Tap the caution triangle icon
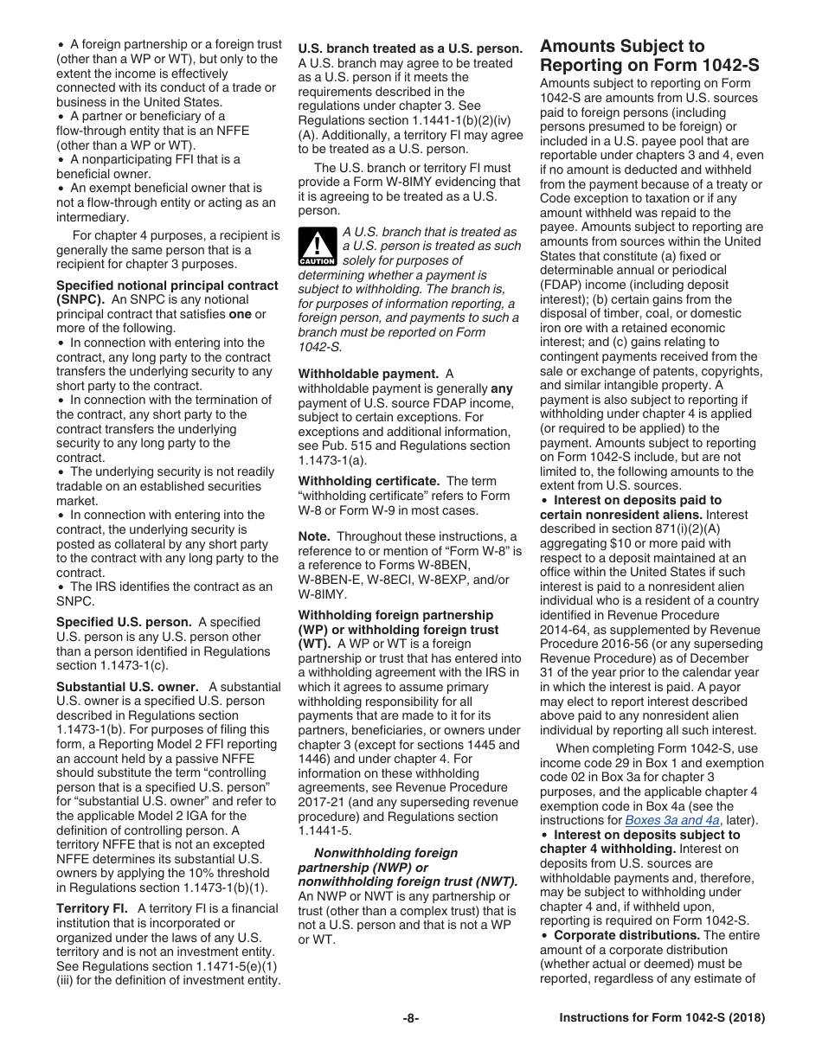click(318, 246)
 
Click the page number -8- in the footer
click(411, 1018)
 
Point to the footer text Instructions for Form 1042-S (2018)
click(662, 1018)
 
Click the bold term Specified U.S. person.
click(124, 622)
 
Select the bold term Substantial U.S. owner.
click(127, 687)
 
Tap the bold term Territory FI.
click(93, 908)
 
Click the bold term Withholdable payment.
click(368, 374)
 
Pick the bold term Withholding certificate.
click(369, 481)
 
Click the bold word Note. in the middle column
click(314, 536)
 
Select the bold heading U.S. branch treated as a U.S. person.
click(410, 48)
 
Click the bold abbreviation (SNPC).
click(80, 299)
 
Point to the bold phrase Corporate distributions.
click(626, 935)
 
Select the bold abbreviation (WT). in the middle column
click(314, 644)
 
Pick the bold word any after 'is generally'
click(502, 388)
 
